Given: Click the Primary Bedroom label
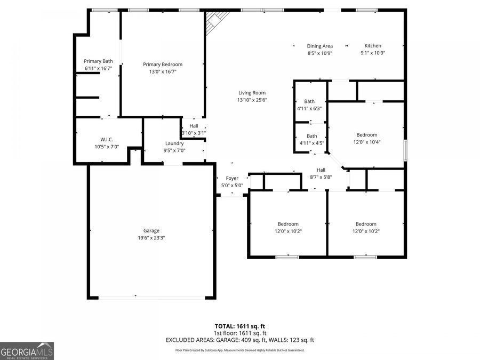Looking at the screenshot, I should [163, 65].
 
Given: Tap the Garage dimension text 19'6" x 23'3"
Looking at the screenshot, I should [151, 238].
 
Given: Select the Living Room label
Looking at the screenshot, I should [252, 93].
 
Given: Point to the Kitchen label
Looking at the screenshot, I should [373, 46].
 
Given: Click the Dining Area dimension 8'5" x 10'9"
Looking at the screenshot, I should [320, 53].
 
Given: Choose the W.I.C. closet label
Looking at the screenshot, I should [107, 139].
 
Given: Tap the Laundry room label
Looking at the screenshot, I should [174, 143].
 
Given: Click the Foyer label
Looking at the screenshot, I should [232, 178].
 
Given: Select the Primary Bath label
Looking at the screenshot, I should [99, 61].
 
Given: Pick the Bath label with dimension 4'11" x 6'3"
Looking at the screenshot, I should [309, 101].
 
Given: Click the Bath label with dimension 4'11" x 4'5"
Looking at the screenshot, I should [311, 136].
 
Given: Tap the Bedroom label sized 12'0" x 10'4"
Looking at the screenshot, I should [367, 135].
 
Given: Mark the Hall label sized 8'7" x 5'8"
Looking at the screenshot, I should [321, 170].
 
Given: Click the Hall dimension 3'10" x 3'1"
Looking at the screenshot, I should [194, 133].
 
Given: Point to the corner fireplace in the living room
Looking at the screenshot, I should [217, 21].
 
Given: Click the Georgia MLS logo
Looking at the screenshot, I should [27, 351].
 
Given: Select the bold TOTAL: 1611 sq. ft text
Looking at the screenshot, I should [239, 325].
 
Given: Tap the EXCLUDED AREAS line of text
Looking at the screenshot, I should [239, 340].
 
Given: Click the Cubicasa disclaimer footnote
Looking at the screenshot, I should [239, 350].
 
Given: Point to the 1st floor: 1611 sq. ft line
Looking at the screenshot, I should [239, 333].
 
